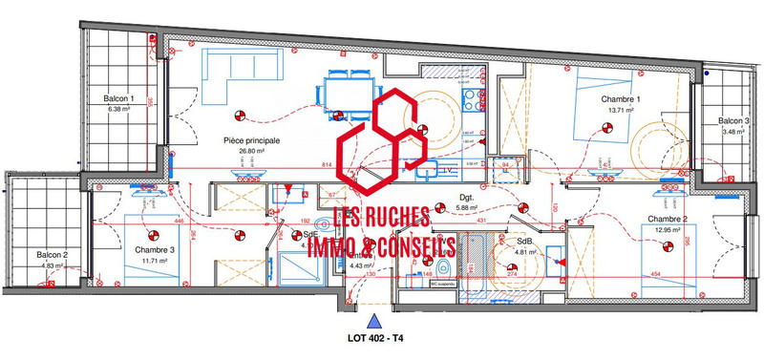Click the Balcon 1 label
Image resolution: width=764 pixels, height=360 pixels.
(119, 98)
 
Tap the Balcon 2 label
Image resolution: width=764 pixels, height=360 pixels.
(52, 255)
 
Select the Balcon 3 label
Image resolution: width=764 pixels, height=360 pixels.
(734, 121)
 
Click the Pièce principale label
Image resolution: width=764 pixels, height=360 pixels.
(251, 139)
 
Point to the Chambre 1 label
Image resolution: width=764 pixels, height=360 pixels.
(621, 99)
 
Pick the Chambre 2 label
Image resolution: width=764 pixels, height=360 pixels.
(667, 219)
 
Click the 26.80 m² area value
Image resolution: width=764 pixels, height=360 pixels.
(251, 151)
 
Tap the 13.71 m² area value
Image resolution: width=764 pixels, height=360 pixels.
(621, 111)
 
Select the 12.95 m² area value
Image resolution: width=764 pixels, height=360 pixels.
(666, 229)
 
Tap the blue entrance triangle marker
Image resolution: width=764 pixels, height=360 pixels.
(375, 321)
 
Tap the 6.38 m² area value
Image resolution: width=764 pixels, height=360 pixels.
(119, 109)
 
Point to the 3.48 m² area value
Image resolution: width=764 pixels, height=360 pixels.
(734, 132)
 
